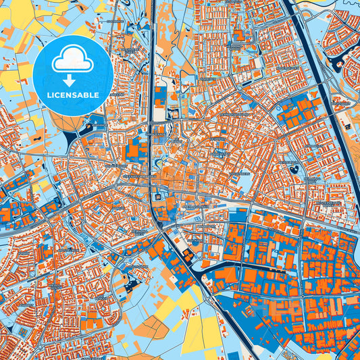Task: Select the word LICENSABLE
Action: (x=74, y=95)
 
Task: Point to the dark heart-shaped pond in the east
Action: (x=293, y=169)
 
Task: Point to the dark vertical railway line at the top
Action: (x=154, y=41)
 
